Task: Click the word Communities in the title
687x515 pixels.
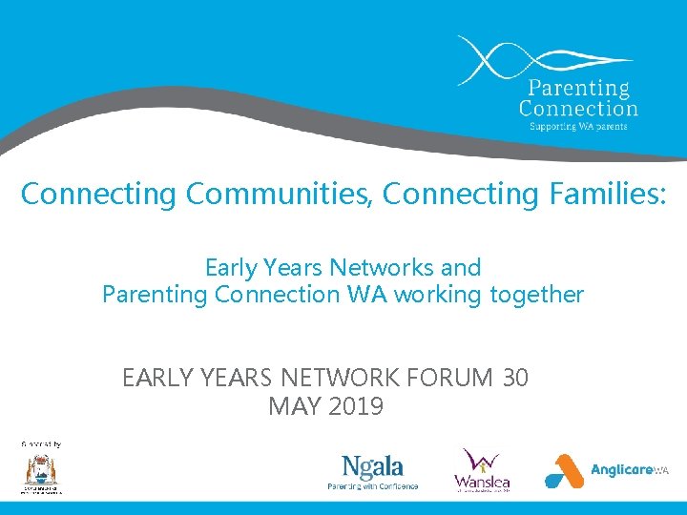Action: pyautogui.click(x=281, y=195)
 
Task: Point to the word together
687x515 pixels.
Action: pyautogui.click(x=536, y=295)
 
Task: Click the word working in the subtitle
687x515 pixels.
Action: pyautogui.click(x=437, y=295)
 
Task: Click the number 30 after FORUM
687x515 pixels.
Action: pyautogui.click(x=514, y=379)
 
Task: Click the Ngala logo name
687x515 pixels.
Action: pyautogui.click(x=372, y=467)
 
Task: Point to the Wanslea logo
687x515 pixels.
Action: pyautogui.click(x=481, y=469)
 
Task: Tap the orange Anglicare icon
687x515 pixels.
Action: pyautogui.click(x=564, y=471)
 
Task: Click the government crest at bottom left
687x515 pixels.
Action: pyautogui.click(x=42, y=472)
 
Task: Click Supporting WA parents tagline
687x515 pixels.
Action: pyautogui.click(x=572, y=126)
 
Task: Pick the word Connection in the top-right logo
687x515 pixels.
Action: pyautogui.click(x=578, y=108)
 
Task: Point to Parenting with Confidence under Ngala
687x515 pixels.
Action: pyautogui.click(x=372, y=486)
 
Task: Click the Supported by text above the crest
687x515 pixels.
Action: pyautogui.click(x=41, y=443)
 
